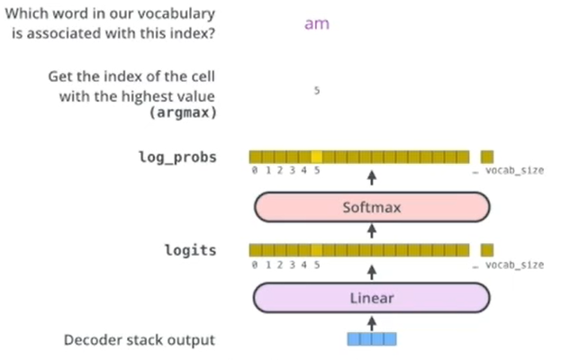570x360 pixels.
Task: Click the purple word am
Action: pos(316,24)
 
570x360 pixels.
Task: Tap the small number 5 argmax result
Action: pos(316,91)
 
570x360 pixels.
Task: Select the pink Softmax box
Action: pos(370,208)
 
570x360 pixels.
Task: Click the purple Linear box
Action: pos(370,297)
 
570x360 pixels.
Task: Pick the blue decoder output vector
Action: pos(371,339)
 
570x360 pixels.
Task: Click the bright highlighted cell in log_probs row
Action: pos(316,156)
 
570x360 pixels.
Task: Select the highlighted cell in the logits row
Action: pos(316,250)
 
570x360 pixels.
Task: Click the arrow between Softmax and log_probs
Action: pos(371,175)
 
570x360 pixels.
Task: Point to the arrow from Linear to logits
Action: pos(371,268)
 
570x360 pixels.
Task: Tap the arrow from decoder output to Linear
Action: pos(371,321)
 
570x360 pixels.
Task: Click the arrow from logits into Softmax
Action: pos(371,232)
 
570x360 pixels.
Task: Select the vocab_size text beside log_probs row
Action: pos(514,169)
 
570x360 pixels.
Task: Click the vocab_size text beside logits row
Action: pos(514,265)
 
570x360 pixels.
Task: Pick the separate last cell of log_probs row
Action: pos(487,156)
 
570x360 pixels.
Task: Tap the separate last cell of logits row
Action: pos(487,250)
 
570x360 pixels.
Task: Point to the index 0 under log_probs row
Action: pos(255,169)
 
